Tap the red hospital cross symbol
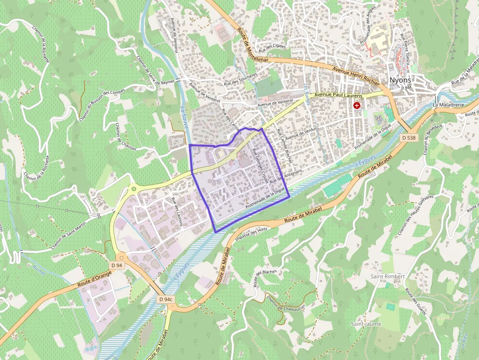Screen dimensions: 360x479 (357, 106)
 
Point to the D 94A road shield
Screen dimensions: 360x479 (407, 88)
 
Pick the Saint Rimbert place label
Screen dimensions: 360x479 (388, 276)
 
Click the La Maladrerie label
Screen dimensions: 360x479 (448, 105)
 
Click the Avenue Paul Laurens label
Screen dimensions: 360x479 (338, 95)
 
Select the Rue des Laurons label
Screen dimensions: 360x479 (176, 212)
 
